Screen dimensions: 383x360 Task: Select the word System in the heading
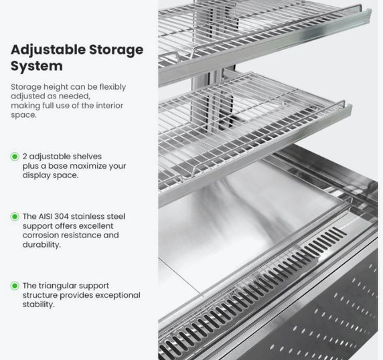coord(37,66)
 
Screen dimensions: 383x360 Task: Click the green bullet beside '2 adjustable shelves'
coord(15,157)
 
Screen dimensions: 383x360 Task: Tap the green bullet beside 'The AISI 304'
coord(15,217)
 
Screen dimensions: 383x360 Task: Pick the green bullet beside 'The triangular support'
coord(15,286)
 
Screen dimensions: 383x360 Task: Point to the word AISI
coord(45,217)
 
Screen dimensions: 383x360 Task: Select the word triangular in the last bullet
coord(58,286)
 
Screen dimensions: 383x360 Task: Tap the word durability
coord(42,245)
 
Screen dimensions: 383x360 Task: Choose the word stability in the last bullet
coord(39,304)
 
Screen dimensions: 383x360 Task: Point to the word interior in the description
coord(109,106)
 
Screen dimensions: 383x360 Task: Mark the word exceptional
coord(118,296)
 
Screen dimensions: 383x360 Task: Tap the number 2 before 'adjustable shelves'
coord(25,157)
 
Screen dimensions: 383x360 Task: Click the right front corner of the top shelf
coord(370,11)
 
